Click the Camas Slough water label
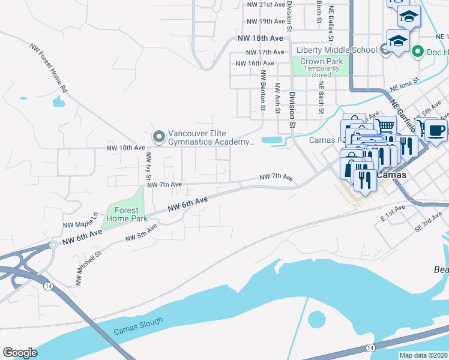(137, 323)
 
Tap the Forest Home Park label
(122, 214)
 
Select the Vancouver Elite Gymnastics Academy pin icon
(159, 137)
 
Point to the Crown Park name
(321, 61)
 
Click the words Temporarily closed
(321, 72)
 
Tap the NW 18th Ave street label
(260, 38)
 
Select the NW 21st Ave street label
(266, 4)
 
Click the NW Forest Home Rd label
(49, 67)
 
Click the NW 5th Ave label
(141, 233)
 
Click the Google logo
(20, 353)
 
